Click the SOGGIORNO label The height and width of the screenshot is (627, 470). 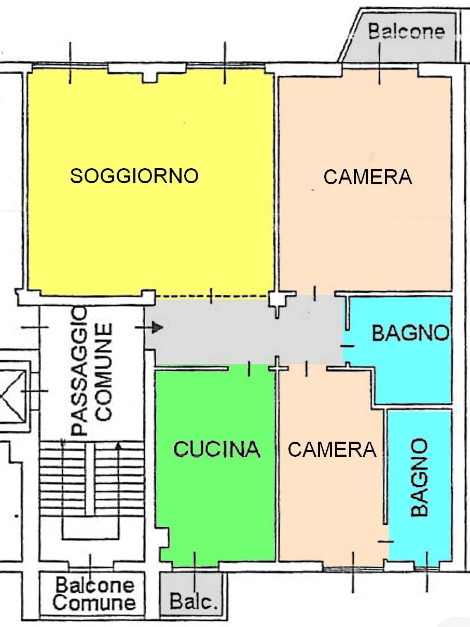[134, 176]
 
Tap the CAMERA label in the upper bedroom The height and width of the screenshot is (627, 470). [367, 177]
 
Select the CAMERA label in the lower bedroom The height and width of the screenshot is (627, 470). [331, 449]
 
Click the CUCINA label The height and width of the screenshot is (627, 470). [216, 449]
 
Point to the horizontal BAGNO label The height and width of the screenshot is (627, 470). [410, 333]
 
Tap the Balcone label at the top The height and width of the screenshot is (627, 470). [406, 32]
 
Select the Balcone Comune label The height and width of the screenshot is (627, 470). [94, 594]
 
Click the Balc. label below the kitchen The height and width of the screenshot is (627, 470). [192, 603]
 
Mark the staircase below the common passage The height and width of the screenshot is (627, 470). [91, 483]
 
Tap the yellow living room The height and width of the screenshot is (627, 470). [150, 234]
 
